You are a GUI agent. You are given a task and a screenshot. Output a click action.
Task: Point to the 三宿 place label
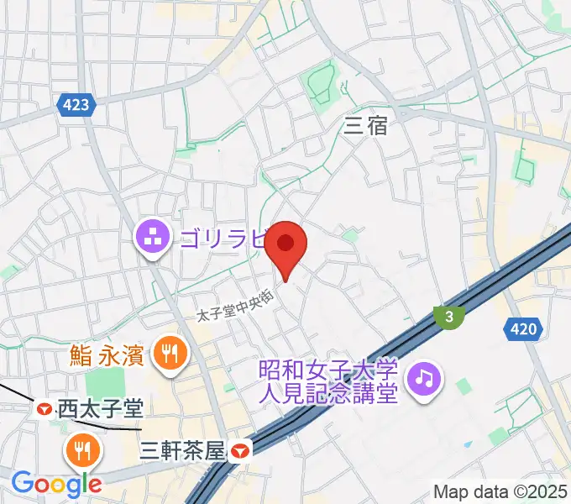click(366, 126)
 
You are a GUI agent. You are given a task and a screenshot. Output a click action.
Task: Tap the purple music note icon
click(424, 380)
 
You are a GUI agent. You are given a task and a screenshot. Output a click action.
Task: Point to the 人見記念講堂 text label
click(328, 393)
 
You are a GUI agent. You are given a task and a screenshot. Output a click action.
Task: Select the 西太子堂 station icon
click(44, 409)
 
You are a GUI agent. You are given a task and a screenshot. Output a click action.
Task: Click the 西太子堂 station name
click(100, 409)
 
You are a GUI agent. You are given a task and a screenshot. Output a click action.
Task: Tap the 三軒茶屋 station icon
click(240, 451)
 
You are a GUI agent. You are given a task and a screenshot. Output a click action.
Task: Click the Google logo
click(56, 483)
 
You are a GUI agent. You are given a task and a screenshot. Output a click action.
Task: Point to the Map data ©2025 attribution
click(500, 491)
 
